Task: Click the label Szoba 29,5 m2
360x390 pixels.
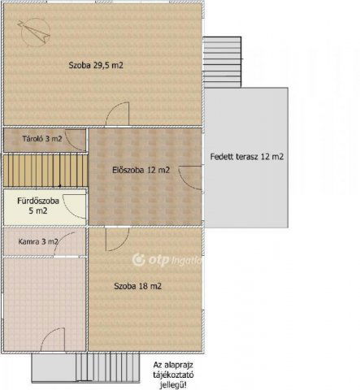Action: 100,63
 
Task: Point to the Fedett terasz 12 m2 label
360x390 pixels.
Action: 246,155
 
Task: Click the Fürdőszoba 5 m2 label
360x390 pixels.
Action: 37,205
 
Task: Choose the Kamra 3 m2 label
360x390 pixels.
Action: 38,241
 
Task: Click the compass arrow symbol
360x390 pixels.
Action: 36,32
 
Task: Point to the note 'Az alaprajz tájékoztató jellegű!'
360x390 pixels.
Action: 176,373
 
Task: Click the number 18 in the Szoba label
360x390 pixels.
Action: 144,286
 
